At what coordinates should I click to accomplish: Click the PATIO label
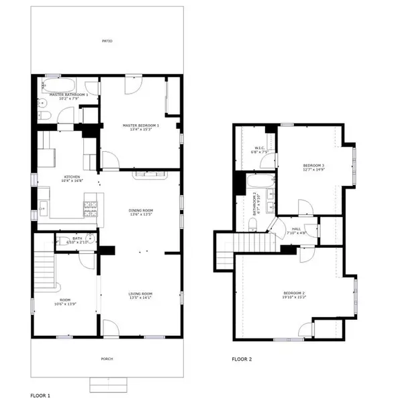pos(106,42)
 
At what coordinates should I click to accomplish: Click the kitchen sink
pos(43,210)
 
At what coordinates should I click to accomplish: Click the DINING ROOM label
pos(141,211)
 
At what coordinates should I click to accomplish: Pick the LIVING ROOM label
pos(141,294)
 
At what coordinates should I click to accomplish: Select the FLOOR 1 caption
pos(40,396)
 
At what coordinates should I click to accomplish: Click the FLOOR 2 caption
pos(242,359)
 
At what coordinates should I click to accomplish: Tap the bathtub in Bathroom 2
pos(259,182)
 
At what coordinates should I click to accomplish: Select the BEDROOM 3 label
pos(313,165)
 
